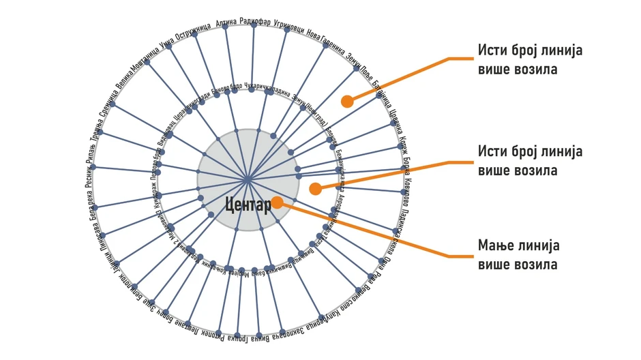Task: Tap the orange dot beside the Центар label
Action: pyautogui.click(x=277, y=202)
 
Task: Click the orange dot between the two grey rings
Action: pyautogui.click(x=314, y=189)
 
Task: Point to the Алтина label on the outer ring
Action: pyautogui.click(x=226, y=22)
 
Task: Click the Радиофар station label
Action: pyautogui.click(x=255, y=21)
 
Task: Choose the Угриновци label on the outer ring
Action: pyautogui.click(x=288, y=24)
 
